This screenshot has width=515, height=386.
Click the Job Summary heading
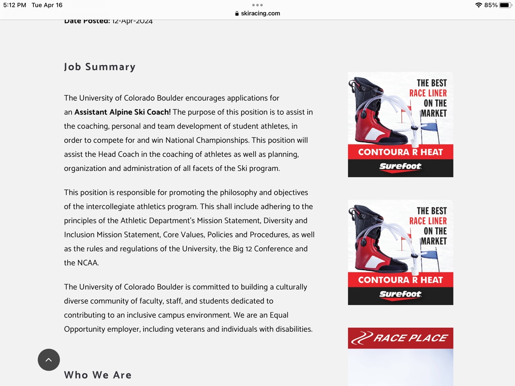tap(99, 67)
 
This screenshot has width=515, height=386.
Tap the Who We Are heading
tap(98, 375)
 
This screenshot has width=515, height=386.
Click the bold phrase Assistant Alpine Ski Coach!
tap(122, 112)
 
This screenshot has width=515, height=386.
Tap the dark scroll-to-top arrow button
tap(49, 359)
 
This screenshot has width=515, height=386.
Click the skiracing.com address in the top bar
tap(260, 13)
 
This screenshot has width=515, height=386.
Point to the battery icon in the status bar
tap(505, 5)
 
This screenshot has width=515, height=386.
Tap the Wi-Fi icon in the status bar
tap(478, 5)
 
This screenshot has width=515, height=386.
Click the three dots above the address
tap(257, 5)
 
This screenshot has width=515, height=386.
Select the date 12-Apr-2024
tap(132, 21)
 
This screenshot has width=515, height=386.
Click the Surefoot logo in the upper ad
tap(400, 166)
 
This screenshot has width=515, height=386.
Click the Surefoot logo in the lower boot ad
tap(400, 294)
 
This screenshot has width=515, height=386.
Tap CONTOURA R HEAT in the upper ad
tap(400, 152)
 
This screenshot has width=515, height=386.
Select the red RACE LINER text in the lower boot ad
tap(428, 221)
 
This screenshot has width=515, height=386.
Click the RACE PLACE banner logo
tap(400, 338)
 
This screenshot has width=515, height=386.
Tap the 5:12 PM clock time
tap(15, 5)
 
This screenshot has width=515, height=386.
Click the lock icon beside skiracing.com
tap(237, 13)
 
